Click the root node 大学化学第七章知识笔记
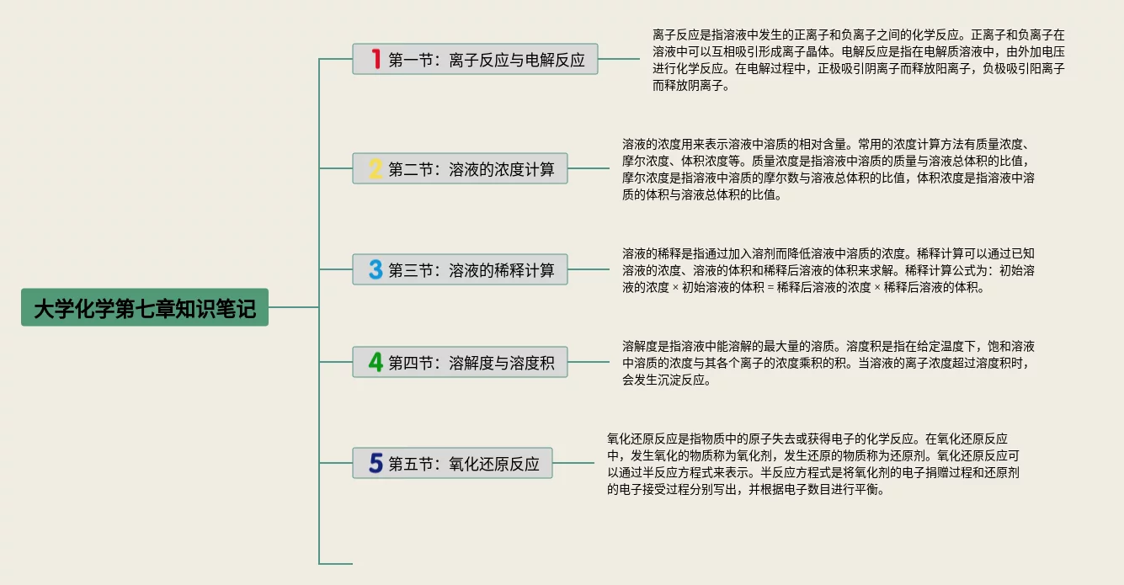144,308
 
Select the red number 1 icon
376,59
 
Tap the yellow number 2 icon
376,168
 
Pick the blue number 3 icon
376,269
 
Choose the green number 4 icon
376,362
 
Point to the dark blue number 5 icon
376,463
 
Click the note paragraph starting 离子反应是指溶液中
858,60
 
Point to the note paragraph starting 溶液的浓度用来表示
829,169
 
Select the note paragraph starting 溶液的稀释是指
829,270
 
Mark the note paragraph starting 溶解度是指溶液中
829,363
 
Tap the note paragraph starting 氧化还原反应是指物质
813,464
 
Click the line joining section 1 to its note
619,59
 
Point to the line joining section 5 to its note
573,463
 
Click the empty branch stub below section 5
336,563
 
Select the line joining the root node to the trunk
293,307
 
